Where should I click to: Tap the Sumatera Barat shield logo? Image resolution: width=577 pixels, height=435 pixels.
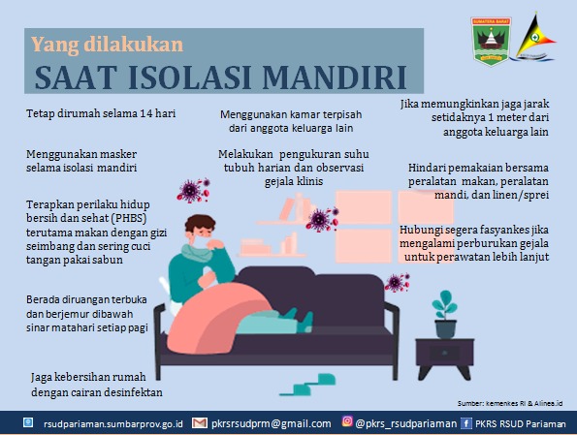491,42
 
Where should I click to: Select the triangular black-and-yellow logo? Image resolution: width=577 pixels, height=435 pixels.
535,37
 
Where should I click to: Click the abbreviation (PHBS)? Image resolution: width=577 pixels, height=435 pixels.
128,218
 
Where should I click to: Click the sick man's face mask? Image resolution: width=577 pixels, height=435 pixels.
200,241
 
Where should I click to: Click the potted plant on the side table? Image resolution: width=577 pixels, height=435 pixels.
445,315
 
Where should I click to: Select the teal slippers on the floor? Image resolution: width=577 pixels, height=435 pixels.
308,385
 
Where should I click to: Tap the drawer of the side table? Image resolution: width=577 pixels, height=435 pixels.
444,353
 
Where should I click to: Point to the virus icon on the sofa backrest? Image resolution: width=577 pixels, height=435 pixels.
397,282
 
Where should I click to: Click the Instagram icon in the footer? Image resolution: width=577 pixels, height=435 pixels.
347,421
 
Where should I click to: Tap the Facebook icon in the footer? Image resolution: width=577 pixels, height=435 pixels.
466,423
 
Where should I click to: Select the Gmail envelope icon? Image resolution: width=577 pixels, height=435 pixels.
200,423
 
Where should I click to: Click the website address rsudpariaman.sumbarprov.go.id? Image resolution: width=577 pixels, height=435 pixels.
112,424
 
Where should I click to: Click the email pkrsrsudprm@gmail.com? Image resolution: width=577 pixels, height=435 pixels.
272,423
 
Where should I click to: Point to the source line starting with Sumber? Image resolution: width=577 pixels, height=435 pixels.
510,403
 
